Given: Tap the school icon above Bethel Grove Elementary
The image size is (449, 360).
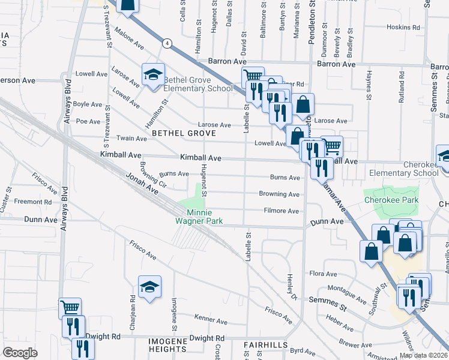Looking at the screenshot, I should coord(153,75).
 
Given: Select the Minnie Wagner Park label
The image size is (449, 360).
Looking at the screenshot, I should coord(205,217).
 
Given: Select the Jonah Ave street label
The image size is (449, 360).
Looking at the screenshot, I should coord(142,184).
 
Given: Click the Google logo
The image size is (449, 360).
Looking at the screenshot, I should coord(20,353).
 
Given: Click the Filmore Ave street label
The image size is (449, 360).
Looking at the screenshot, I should coord(282,211).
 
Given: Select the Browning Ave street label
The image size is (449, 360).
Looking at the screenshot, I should coord(279,194).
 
